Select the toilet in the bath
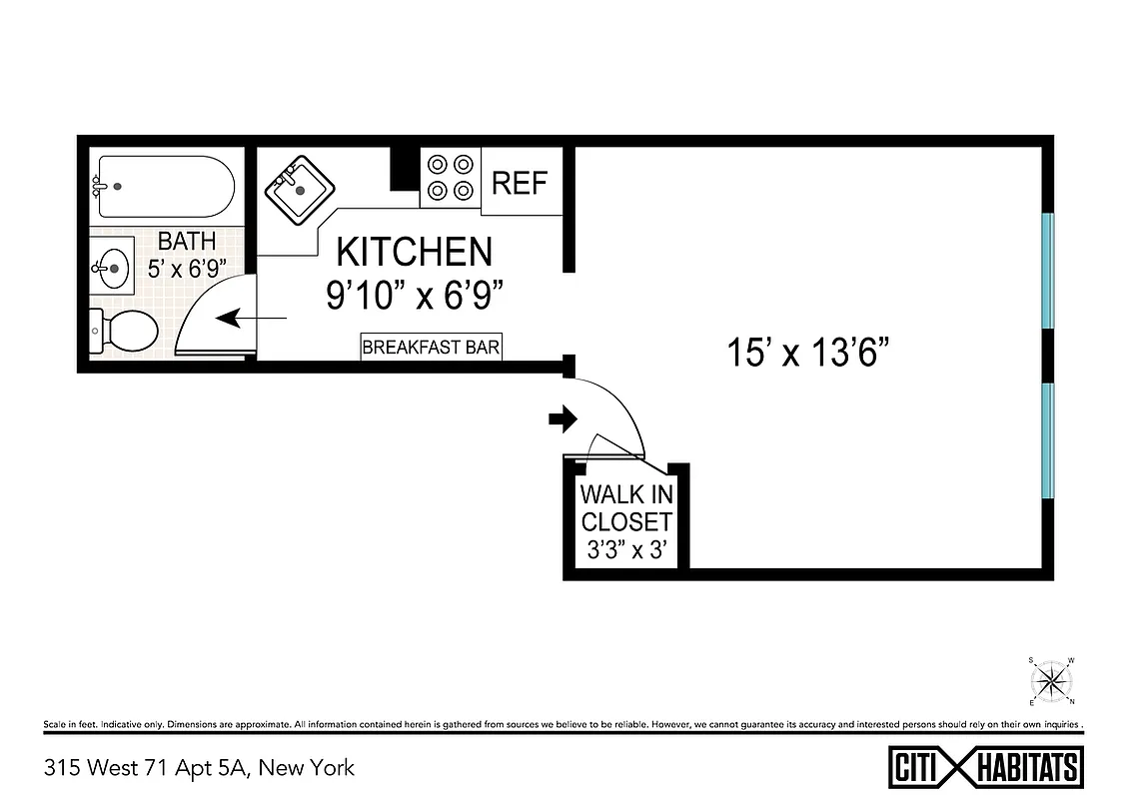[125, 331]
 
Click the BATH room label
[186, 242]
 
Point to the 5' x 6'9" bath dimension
[186, 268]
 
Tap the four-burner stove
[450, 177]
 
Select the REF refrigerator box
[521, 183]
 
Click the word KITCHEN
[414, 252]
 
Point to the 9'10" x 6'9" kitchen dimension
[414, 295]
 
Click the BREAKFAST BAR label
[432, 348]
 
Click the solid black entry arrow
[563, 419]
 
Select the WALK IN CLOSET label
[626, 508]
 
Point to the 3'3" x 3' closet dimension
[626, 548]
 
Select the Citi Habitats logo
[985, 767]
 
